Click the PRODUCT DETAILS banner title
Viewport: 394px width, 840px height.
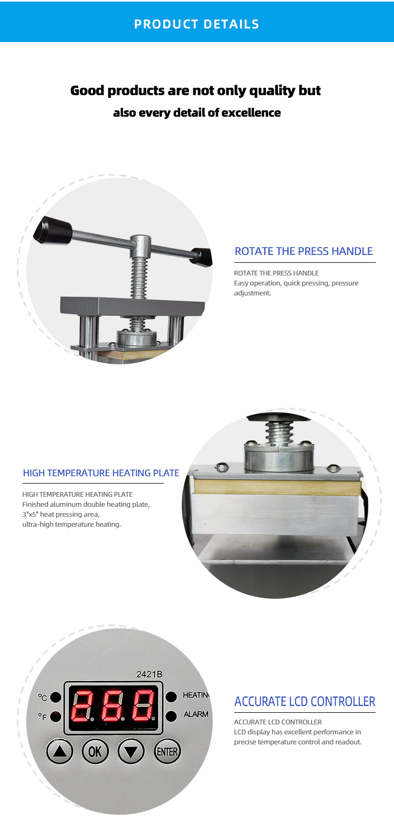pyautogui.click(x=197, y=24)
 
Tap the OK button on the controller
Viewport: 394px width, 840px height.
pyautogui.click(x=95, y=752)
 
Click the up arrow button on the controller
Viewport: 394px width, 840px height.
pyautogui.click(x=59, y=752)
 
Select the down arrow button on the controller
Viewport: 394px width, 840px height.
pyautogui.click(x=131, y=752)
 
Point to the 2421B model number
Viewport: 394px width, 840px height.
pyautogui.click(x=149, y=674)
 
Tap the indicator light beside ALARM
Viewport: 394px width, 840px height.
pyautogui.click(x=171, y=716)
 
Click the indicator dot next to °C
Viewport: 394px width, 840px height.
pyautogui.click(x=56, y=697)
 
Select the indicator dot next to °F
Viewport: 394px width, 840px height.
pyautogui.click(x=56, y=716)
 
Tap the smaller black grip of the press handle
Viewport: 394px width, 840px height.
pyautogui.click(x=201, y=257)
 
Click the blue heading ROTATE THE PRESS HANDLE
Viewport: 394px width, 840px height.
pyautogui.click(x=304, y=251)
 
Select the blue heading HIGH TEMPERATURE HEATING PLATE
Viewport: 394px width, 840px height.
pyautogui.click(x=101, y=473)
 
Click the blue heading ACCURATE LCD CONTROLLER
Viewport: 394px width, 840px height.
pyautogui.click(x=305, y=701)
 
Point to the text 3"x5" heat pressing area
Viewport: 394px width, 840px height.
pyautogui.click(x=61, y=515)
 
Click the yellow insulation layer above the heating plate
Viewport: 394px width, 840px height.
pyautogui.click(x=277, y=487)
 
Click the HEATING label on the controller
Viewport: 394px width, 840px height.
pyautogui.click(x=196, y=695)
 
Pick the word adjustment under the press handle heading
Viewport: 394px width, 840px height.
pyautogui.click(x=252, y=293)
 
